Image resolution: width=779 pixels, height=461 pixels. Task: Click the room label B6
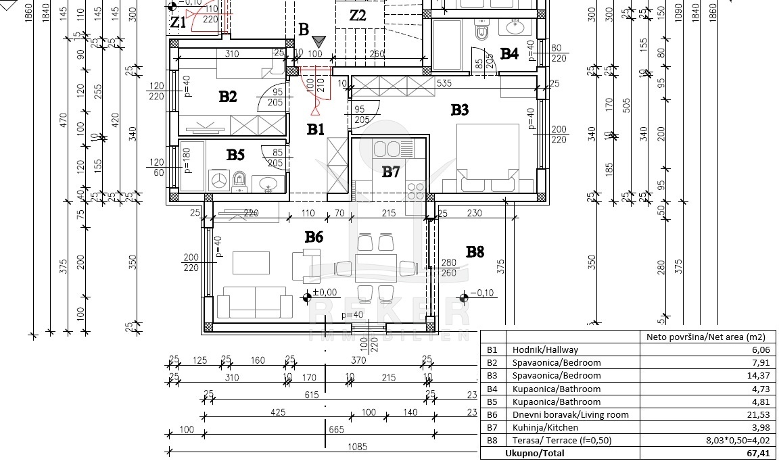tap(314, 237)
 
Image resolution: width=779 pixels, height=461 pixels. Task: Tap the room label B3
tap(460, 110)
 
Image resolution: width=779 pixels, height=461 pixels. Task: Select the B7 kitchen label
tap(391, 172)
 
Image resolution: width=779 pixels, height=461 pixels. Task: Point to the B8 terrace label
tap(475, 252)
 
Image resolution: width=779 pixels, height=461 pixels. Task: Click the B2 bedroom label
tap(228, 97)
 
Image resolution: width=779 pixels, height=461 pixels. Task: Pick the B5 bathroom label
tap(235, 155)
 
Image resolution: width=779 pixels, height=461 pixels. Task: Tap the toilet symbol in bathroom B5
tap(239, 180)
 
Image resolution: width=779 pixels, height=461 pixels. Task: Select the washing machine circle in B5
tap(218, 180)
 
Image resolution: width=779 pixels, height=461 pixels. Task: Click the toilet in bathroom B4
tap(481, 32)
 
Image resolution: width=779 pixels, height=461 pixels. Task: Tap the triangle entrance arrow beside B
tap(319, 42)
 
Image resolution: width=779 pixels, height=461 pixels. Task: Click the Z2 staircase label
tap(358, 15)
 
